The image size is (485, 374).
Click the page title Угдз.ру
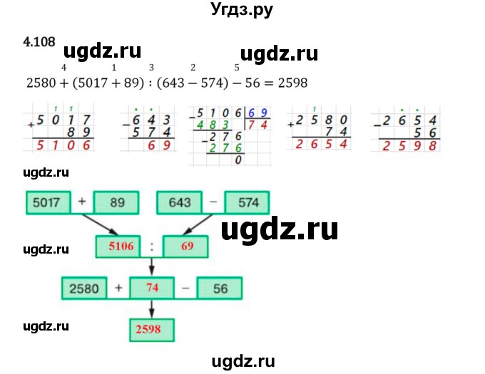coord(242,11)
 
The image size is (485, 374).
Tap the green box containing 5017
coord(50,203)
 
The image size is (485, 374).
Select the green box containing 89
coord(117,203)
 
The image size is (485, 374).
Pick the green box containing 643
coord(181,203)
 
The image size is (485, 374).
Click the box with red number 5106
coord(117,247)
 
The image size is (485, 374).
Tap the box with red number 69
coord(187,247)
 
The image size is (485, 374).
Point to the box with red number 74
coord(151,289)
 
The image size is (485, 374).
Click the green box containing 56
coord(220,289)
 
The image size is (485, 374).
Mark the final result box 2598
coord(151,330)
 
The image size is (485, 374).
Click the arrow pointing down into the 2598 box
coord(151,311)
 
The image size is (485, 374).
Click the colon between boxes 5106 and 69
coord(151,247)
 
